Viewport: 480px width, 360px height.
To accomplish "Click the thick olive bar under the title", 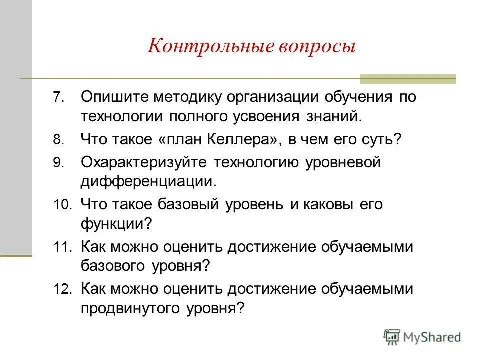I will click(408, 79).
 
